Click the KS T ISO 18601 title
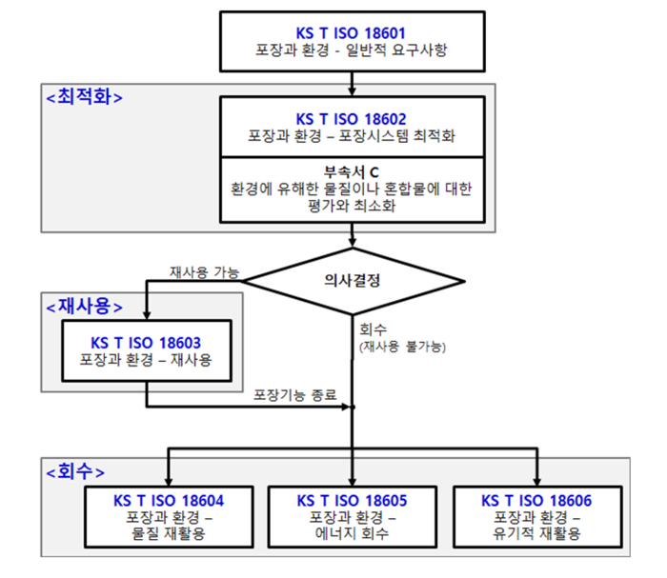[x=351, y=33]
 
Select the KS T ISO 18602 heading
[x=351, y=119]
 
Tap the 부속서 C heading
[x=352, y=172]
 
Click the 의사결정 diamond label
[x=352, y=280]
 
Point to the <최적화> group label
[x=84, y=97]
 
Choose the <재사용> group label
[x=84, y=307]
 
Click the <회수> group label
[x=75, y=471]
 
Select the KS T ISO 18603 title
[x=146, y=343]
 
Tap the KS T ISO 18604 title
[x=169, y=501]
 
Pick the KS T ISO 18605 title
[x=352, y=501]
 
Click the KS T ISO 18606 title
[x=536, y=501]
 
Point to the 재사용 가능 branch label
[x=205, y=272]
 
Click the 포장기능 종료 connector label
[x=294, y=395]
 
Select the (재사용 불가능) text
[x=402, y=347]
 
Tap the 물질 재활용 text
[x=169, y=533]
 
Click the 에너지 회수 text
[x=352, y=533]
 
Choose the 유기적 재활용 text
[x=536, y=533]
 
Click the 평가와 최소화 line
[x=352, y=206]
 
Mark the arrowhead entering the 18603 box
[x=147, y=315]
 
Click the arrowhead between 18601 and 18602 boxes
[x=352, y=91]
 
